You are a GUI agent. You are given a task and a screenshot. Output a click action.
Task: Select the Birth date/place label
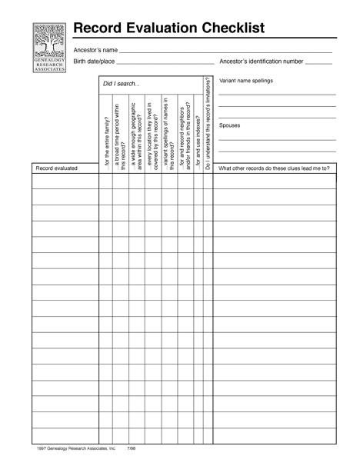click(93, 61)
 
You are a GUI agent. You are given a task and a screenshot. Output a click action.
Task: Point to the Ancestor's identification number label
click(261, 61)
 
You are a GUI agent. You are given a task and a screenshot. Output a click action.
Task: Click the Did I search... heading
click(122, 84)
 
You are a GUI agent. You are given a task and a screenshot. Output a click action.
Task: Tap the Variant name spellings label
click(246, 81)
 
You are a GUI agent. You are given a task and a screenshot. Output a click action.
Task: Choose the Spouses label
click(230, 125)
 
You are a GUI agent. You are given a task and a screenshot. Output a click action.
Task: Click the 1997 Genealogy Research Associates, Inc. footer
click(75, 446)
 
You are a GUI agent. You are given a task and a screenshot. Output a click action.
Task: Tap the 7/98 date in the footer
click(132, 446)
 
